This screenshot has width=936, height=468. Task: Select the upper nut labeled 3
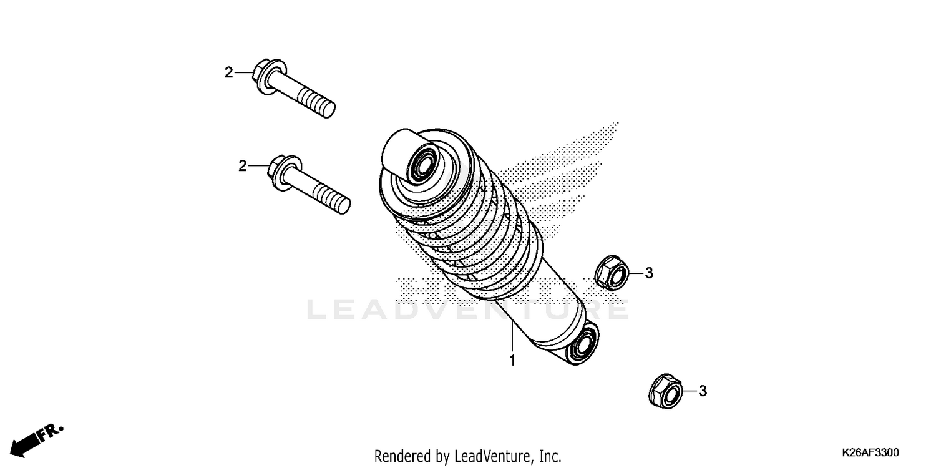607,273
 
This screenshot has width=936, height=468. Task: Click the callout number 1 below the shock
512,361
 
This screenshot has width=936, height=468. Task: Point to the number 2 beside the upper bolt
228,72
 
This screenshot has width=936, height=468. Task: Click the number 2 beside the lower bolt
242,166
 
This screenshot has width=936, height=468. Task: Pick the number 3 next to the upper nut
648,273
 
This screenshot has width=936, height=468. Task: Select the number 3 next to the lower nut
702,391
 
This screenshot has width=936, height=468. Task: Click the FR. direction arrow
37,439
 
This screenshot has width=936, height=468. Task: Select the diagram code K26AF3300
870,452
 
